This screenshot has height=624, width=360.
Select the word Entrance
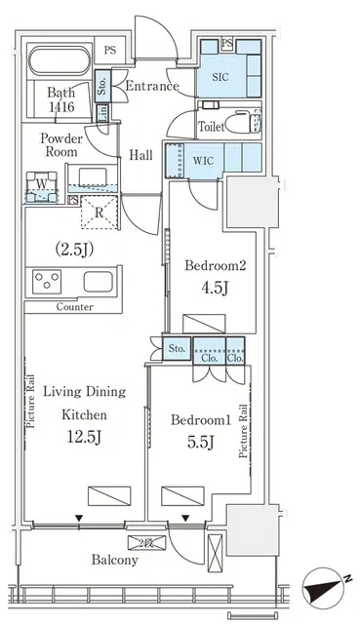(x=151, y=86)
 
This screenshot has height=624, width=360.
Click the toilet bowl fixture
(x=239, y=123)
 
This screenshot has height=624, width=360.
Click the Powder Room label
(x=60, y=146)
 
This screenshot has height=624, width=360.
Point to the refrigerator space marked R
(x=100, y=209)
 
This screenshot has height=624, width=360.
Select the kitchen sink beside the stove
(x=100, y=282)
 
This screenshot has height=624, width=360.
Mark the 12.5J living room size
(x=86, y=438)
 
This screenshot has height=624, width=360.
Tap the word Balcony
(x=114, y=560)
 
